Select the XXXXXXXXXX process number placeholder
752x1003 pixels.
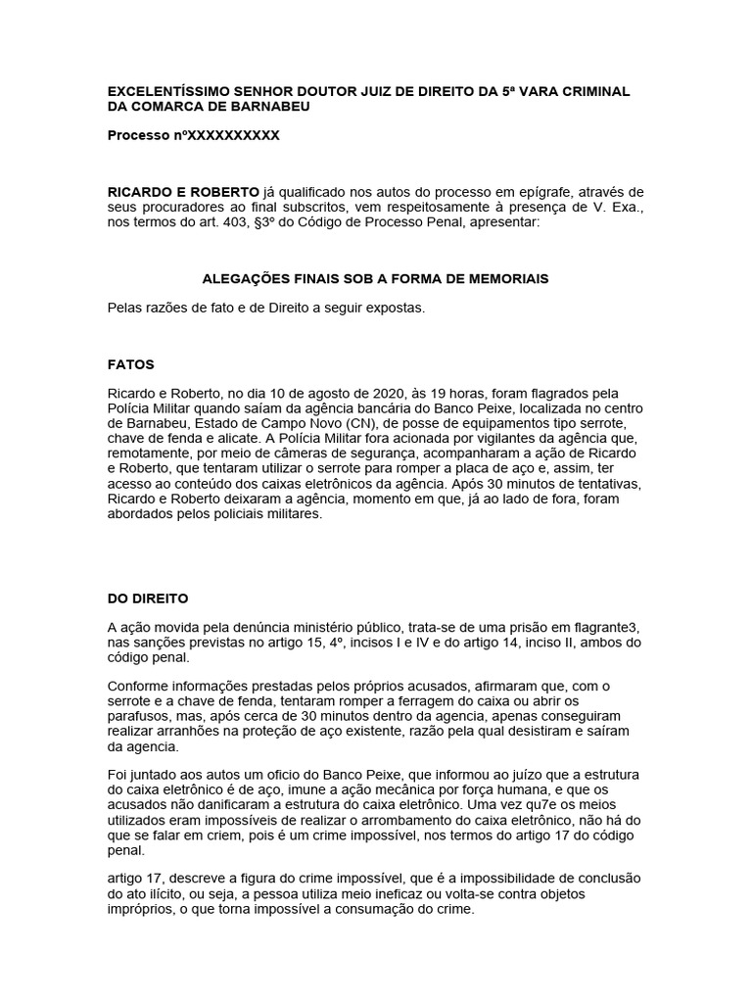tap(233, 135)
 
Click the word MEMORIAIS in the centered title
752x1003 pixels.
tap(505, 279)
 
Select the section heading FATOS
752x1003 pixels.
tap(130, 364)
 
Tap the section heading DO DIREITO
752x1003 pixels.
tap(148, 597)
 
